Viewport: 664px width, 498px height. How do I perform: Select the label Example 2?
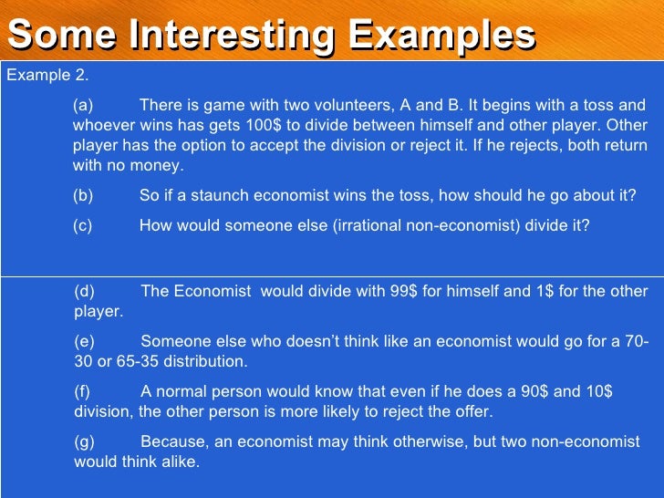tap(47, 76)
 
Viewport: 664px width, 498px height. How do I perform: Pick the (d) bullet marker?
tap(84, 292)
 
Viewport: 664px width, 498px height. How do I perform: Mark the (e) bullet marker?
tap(84, 342)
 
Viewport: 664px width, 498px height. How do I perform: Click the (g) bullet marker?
tap(84, 442)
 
